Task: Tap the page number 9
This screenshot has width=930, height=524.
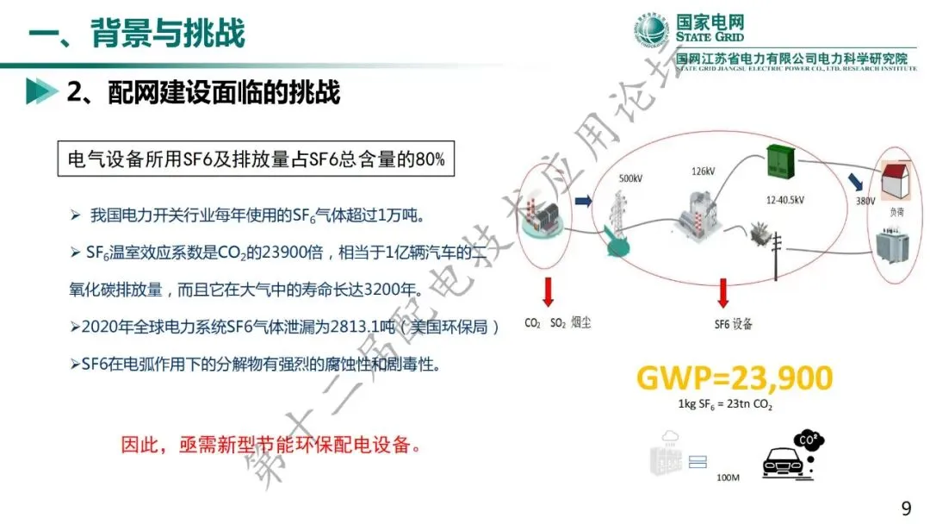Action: [906, 508]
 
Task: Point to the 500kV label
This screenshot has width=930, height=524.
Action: [630, 178]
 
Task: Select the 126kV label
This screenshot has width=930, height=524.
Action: [703, 172]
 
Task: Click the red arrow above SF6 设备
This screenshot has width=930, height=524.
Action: [722, 293]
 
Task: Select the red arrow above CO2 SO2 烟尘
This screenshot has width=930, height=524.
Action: [546, 292]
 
